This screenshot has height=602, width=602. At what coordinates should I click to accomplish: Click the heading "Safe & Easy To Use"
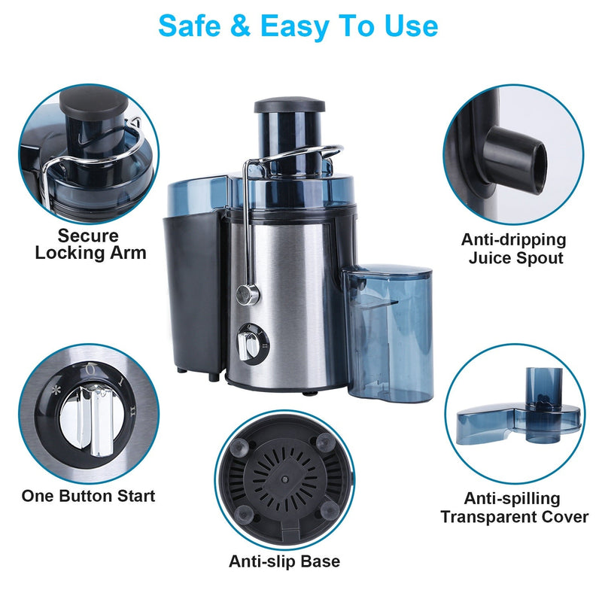[298, 26]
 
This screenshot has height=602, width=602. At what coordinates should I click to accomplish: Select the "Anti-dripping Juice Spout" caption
[513, 249]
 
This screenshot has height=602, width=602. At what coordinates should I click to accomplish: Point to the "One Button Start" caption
[88, 496]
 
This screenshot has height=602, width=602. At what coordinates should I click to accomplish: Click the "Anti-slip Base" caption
[284, 561]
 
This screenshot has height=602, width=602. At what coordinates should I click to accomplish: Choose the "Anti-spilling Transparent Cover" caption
[515, 508]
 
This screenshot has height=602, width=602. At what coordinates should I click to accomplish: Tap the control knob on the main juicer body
[246, 344]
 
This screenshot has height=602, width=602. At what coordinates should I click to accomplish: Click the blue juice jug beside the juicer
[389, 332]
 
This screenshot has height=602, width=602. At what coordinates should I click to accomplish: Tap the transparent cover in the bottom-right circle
[519, 418]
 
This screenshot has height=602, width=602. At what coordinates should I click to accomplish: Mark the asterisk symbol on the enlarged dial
[56, 391]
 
